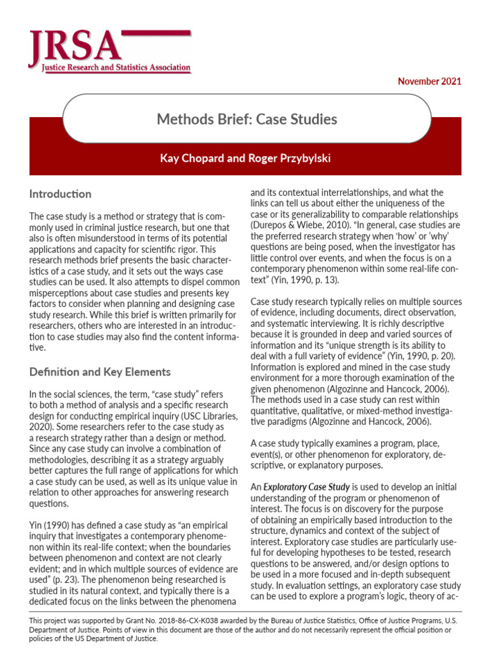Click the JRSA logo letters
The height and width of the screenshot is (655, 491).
pyautogui.click(x=74, y=45)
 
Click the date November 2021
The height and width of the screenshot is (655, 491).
pyautogui.click(x=429, y=81)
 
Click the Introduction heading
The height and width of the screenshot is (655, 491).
pyautogui.click(x=61, y=194)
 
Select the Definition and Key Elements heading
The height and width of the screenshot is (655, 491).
pyautogui.click(x=100, y=372)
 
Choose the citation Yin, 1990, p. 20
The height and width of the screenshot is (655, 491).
pyautogui.click(x=406, y=356)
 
